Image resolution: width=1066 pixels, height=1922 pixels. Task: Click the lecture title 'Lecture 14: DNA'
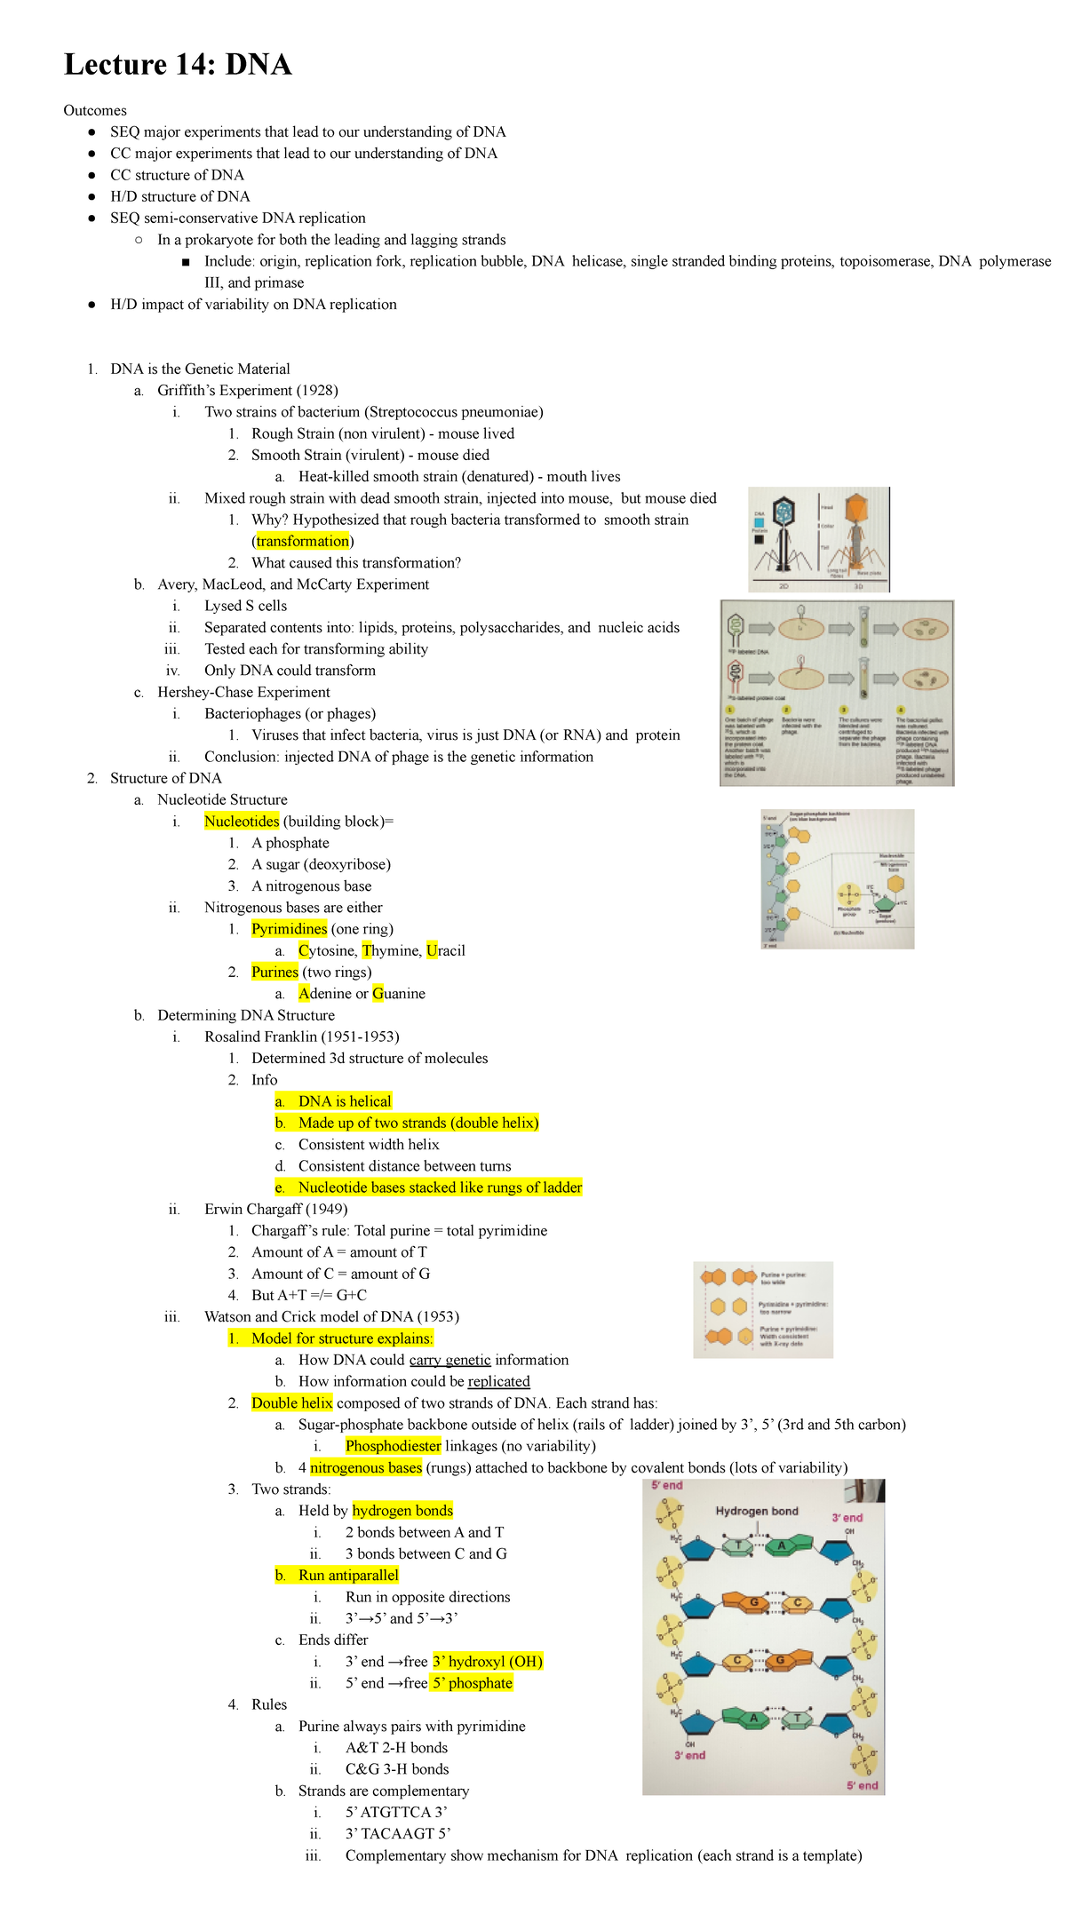178,65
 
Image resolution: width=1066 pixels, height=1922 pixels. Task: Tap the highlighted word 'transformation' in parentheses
303,541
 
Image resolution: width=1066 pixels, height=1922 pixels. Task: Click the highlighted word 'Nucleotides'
242,822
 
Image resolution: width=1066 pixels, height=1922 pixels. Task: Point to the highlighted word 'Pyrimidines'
290,929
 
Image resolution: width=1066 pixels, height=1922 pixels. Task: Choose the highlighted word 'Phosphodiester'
394,1446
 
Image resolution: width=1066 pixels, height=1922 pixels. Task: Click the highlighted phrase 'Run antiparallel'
348,1575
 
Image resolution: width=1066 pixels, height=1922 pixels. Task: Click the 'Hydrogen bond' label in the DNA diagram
757,1511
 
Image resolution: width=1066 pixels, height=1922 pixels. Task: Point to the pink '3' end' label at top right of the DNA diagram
847,1518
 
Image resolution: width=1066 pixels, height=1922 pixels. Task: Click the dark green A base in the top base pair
783,1546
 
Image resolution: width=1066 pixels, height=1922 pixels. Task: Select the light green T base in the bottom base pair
798,1719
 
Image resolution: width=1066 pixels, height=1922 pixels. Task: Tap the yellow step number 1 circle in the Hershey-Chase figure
730,710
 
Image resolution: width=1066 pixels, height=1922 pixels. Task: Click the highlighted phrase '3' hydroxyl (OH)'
488,1661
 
